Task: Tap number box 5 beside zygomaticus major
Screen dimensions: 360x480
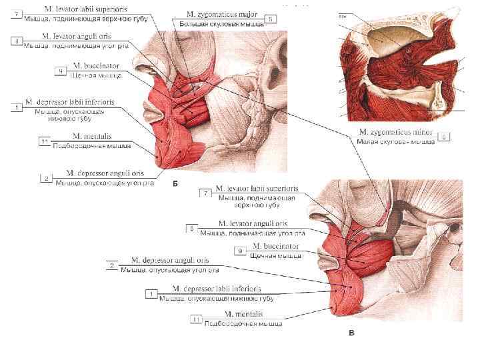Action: pos(270,19)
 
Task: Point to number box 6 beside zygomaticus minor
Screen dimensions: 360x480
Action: pos(445,137)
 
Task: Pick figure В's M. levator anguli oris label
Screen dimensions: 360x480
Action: pos(253,223)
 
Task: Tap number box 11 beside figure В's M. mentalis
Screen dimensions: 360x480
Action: pos(196,319)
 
